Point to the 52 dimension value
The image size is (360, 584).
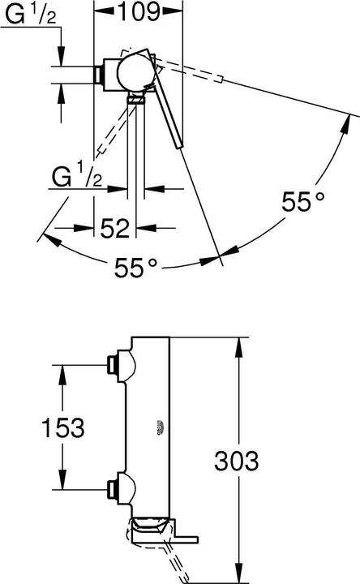[x=116, y=230]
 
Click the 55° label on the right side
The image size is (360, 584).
[x=302, y=200]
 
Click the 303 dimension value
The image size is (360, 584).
[x=236, y=462]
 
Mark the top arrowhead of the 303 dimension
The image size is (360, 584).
[x=238, y=345]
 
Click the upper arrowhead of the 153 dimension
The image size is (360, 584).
[x=59, y=371]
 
